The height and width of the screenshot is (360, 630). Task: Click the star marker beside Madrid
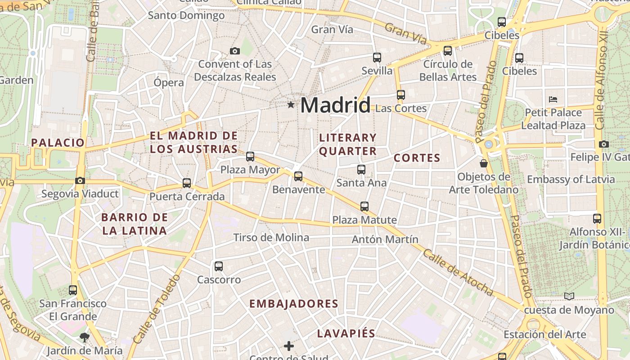click(x=291, y=105)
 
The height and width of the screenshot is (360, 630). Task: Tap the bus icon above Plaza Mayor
click(x=250, y=157)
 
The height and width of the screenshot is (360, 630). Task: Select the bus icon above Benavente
click(x=298, y=176)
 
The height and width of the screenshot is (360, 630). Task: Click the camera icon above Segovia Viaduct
click(x=80, y=181)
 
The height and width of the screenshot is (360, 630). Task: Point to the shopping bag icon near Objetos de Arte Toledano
click(x=484, y=163)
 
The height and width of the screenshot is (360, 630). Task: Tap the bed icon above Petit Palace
click(x=553, y=99)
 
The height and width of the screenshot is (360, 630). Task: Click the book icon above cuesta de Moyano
click(x=569, y=296)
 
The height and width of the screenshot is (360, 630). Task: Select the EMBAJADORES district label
click(x=294, y=304)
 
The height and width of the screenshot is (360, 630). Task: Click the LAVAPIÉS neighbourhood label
click(x=346, y=333)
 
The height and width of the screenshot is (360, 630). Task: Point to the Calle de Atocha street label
click(x=458, y=273)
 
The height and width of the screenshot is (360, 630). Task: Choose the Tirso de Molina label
click(x=271, y=238)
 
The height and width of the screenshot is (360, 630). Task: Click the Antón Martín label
click(x=385, y=239)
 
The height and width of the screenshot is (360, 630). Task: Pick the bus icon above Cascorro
click(x=219, y=266)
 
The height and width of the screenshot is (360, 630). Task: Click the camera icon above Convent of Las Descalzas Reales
click(x=234, y=51)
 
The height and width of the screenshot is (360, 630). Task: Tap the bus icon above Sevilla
click(x=377, y=58)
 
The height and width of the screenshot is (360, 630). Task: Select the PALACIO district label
click(x=58, y=143)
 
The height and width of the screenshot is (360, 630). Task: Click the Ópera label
click(x=169, y=83)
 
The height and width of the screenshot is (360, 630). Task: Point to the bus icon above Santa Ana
click(x=361, y=170)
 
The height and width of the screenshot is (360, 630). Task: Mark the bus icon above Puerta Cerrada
click(x=187, y=183)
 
